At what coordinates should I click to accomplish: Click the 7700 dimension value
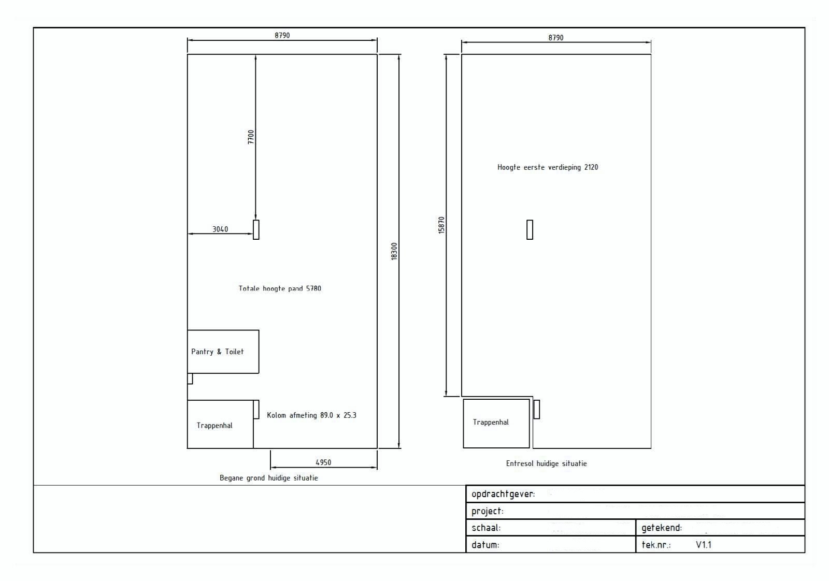(x=251, y=137)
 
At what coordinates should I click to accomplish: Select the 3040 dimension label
(x=220, y=229)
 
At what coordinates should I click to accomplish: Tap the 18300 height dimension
(x=394, y=252)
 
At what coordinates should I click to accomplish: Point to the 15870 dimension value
(x=441, y=225)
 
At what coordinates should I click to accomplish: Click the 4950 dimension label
(x=323, y=462)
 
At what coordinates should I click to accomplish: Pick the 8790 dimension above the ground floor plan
(x=282, y=36)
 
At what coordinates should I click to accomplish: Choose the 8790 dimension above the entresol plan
(x=556, y=38)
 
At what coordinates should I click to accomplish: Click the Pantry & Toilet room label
(x=218, y=352)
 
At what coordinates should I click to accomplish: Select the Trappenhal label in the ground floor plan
(x=215, y=425)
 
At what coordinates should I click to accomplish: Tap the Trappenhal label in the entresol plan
(x=491, y=422)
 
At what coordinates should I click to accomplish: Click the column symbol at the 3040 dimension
(x=256, y=230)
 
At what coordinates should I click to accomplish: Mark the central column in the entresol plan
(x=530, y=230)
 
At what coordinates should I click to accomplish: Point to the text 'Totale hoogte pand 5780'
(x=280, y=288)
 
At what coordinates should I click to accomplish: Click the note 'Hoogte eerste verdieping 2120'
(x=548, y=167)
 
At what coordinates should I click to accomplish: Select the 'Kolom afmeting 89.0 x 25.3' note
(x=311, y=415)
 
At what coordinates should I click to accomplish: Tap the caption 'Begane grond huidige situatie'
(x=269, y=478)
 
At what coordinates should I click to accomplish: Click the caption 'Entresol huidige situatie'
(x=547, y=463)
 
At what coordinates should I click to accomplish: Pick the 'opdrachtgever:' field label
(x=503, y=494)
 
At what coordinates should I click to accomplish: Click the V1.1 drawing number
(x=704, y=545)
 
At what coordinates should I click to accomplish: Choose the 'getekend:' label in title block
(x=662, y=528)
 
